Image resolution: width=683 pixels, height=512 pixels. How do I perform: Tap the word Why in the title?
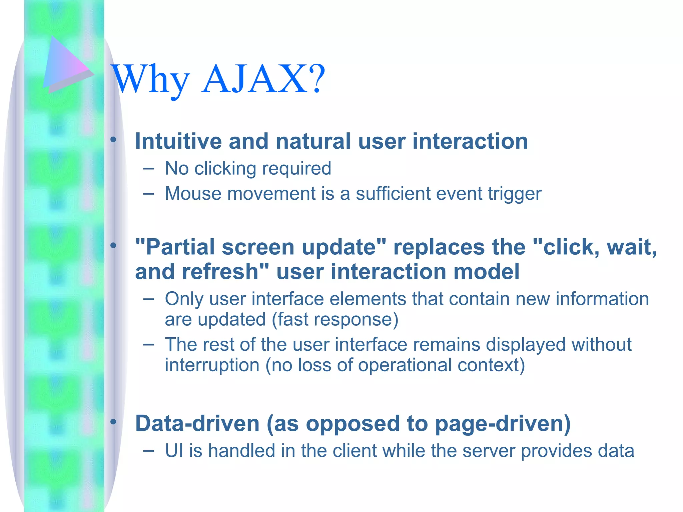click(x=150, y=80)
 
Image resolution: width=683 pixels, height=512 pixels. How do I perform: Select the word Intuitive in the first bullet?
click(x=178, y=141)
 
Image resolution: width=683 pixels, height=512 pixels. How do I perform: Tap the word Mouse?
click(x=193, y=194)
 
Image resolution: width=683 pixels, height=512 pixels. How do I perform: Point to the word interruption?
click(x=212, y=365)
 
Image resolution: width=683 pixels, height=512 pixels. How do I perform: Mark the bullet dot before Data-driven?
click(x=113, y=422)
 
